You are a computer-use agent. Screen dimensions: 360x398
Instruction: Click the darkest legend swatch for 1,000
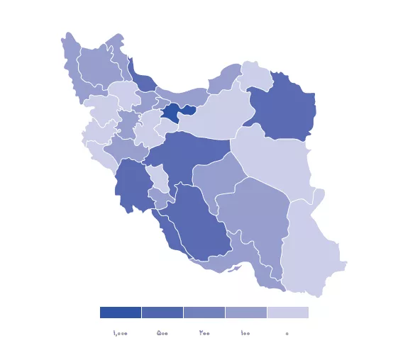pos(120,313)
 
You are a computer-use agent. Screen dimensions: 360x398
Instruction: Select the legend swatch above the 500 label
pos(162,313)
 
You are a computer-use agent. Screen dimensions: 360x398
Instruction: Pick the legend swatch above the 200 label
pos(204,313)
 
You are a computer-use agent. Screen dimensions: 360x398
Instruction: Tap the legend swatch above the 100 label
pos(245,313)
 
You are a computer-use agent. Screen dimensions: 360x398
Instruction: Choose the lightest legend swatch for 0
pos(287,313)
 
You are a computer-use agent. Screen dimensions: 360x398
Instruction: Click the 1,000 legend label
pos(120,333)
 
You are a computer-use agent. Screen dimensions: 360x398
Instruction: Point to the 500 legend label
pos(162,333)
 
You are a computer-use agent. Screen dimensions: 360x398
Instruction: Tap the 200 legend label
pos(204,333)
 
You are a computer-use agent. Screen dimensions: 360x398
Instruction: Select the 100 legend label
pos(245,333)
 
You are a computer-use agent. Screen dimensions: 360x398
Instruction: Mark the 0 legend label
pos(287,333)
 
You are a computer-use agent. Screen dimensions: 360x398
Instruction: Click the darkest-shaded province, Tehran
pos(172,112)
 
